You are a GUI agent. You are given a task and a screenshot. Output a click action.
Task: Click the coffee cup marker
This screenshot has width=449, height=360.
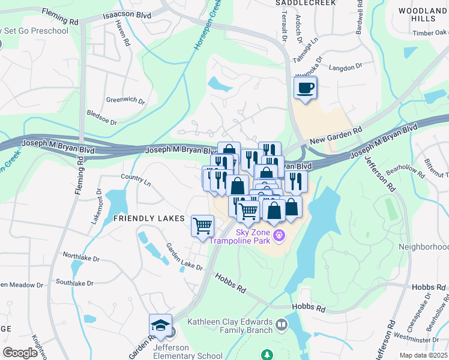pos(306,89)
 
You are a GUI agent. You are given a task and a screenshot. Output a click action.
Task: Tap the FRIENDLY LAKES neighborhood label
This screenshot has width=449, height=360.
pos(149,219)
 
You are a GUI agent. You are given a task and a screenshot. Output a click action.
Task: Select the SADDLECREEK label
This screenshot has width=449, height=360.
pos(300,3)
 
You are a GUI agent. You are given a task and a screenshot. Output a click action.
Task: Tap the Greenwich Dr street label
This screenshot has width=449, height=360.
pos(125,100)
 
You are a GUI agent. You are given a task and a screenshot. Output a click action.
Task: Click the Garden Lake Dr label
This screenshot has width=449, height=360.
pos(184,257)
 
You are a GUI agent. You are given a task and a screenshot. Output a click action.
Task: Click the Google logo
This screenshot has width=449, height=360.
pos(20,353)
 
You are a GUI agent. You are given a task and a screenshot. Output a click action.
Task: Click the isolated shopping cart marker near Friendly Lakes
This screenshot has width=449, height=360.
pos(202,226)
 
